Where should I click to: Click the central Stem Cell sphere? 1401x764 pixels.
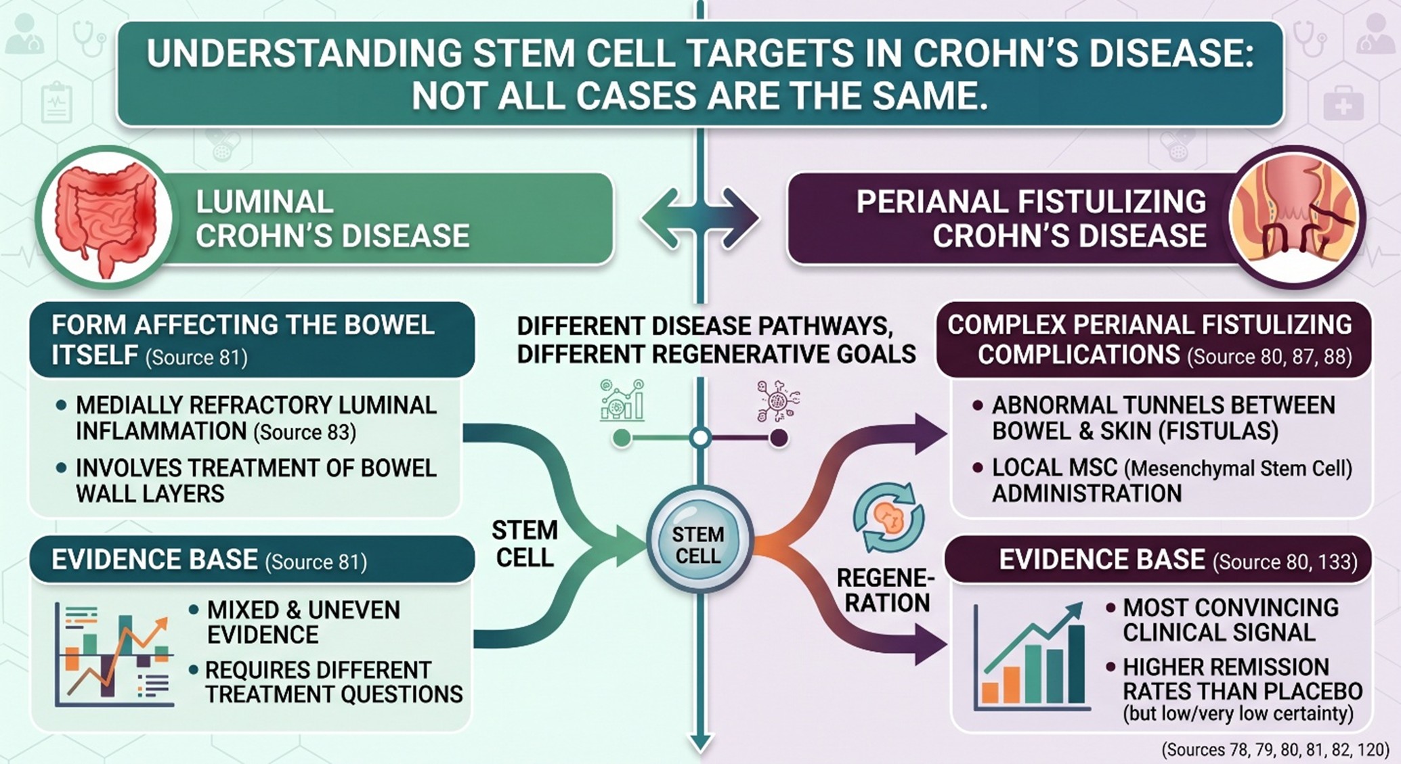(699, 541)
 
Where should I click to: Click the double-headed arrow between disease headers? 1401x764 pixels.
(700, 219)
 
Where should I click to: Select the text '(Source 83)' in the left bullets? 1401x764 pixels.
(304, 432)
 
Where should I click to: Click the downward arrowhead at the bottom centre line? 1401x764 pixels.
(700, 743)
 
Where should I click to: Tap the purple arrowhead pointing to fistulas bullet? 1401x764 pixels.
(930, 433)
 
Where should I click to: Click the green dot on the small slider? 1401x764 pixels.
(621, 439)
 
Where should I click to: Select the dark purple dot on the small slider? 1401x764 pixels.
(779, 439)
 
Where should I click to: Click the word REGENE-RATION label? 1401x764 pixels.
(886, 590)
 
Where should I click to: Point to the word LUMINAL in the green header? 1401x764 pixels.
(264, 202)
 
